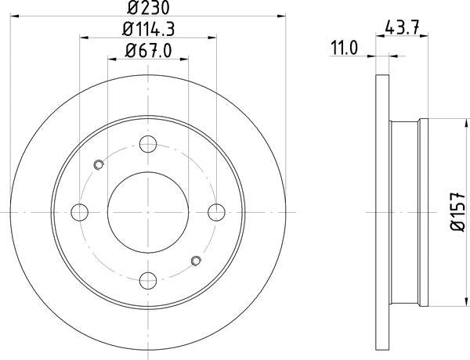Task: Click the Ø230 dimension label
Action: pyautogui.click(x=148, y=8)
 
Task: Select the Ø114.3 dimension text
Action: pyautogui.click(x=148, y=30)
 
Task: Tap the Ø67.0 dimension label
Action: pyautogui.click(x=148, y=51)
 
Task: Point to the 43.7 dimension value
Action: pyautogui.click(x=402, y=27)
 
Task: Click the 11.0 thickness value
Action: pyautogui.click(x=344, y=49)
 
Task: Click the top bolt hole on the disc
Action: pyautogui.click(x=148, y=144)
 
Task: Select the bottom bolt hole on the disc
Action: pyautogui.click(x=148, y=281)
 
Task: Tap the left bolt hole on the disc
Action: pyautogui.click(x=79, y=212)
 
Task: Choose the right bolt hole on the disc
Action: pyautogui.click(x=216, y=212)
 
